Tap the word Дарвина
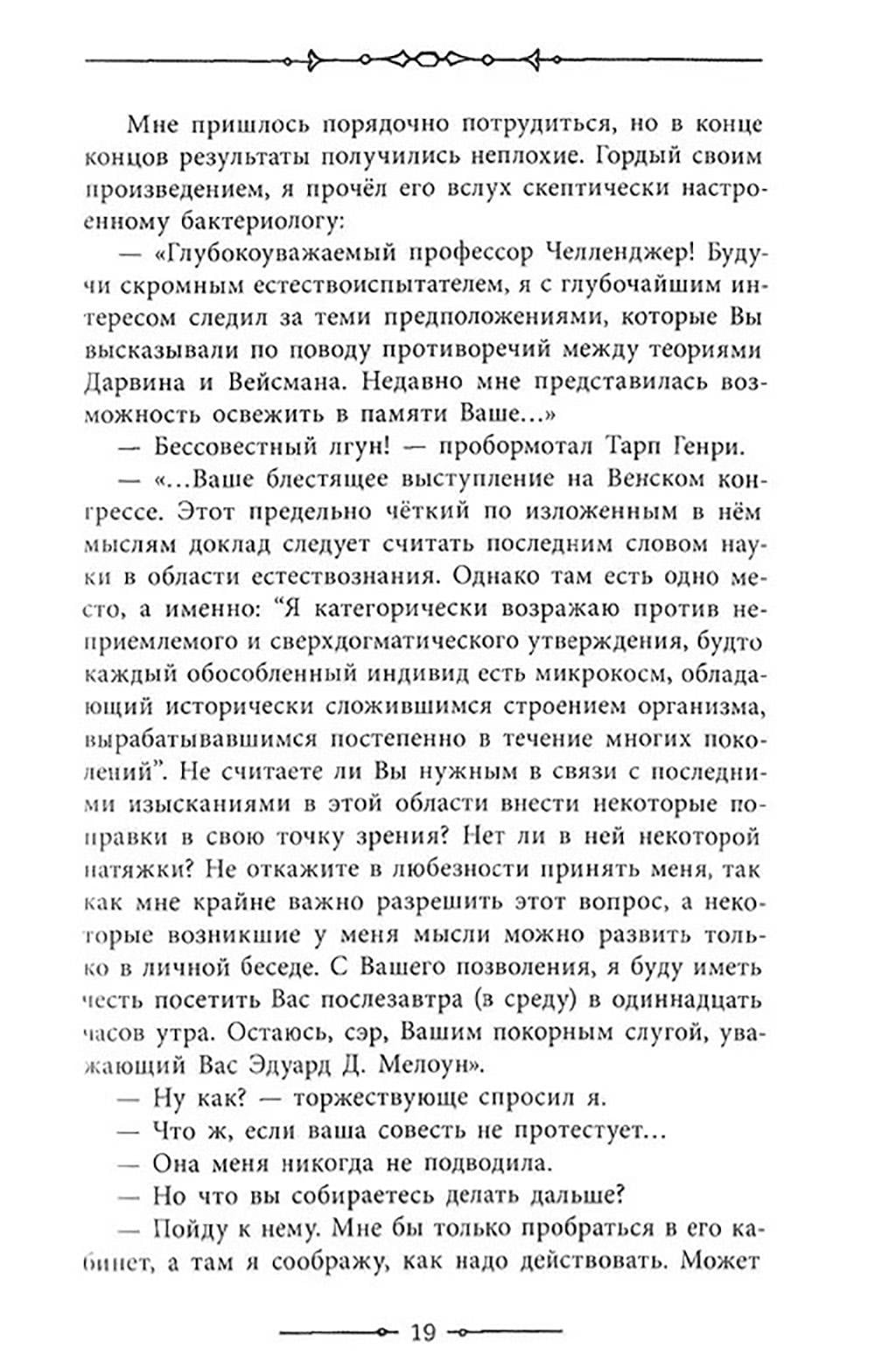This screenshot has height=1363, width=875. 133,382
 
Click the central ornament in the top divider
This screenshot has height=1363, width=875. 424,59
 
